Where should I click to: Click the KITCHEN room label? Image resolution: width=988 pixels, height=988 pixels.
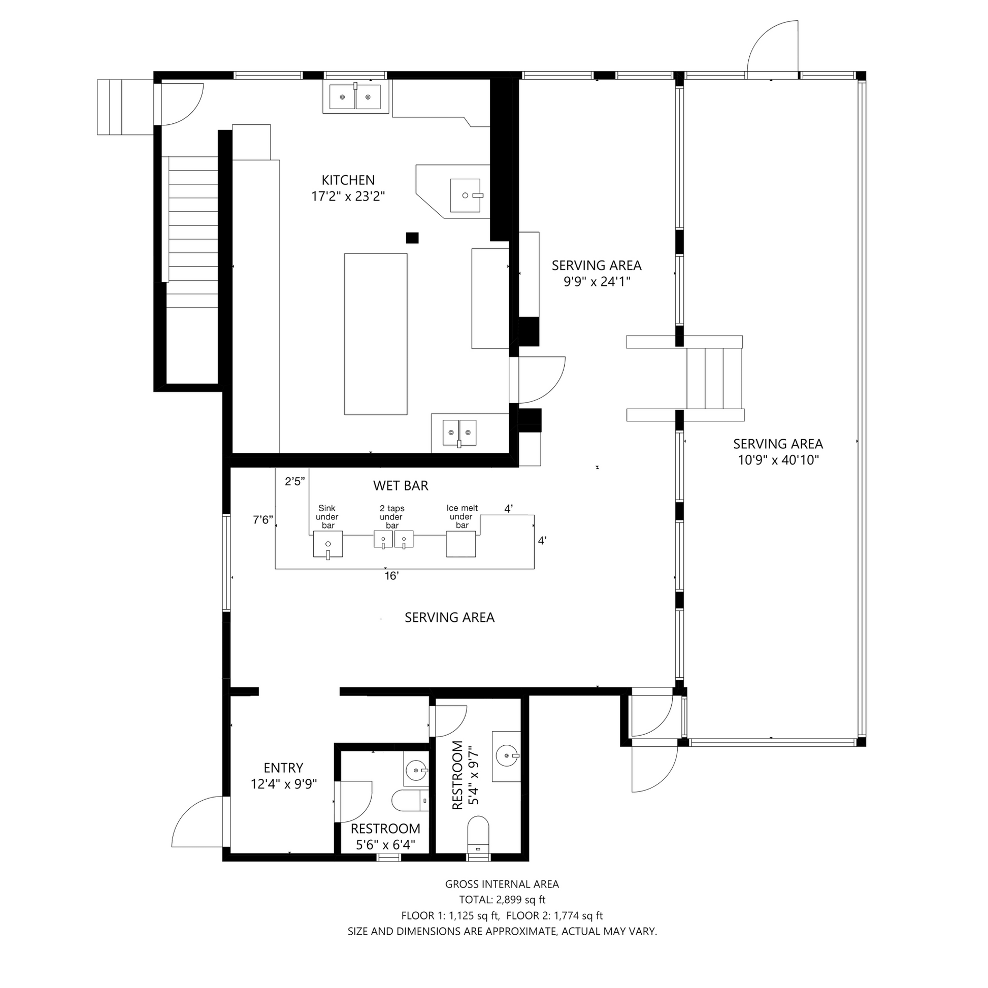(348, 180)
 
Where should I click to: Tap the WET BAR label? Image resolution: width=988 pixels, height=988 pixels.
(401, 485)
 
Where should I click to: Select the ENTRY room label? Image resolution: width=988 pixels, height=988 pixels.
(283, 768)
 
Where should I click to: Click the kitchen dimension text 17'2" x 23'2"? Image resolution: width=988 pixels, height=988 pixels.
(348, 196)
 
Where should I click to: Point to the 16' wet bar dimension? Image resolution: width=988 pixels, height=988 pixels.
(392, 576)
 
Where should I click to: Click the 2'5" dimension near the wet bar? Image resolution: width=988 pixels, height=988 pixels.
(295, 481)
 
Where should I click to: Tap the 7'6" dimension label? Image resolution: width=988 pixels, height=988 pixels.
(263, 520)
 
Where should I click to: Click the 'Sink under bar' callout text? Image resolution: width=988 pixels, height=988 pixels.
(327, 516)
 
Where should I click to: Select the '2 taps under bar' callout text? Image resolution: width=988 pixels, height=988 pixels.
(392, 516)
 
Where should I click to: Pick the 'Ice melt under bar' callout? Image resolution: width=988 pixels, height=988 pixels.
(462, 516)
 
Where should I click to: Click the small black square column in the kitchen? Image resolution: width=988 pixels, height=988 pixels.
(412, 238)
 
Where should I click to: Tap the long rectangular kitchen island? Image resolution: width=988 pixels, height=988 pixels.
(376, 334)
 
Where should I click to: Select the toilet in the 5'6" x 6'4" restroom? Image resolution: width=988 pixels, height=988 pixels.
(410, 801)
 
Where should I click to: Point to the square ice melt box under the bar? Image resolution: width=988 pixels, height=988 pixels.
(461, 544)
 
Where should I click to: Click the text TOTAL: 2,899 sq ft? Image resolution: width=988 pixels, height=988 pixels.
(502, 900)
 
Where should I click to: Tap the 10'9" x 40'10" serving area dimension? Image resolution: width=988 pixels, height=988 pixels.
(778, 460)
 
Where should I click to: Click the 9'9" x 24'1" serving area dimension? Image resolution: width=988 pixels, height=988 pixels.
(597, 282)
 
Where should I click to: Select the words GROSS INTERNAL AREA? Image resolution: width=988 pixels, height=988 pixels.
(502, 884)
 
